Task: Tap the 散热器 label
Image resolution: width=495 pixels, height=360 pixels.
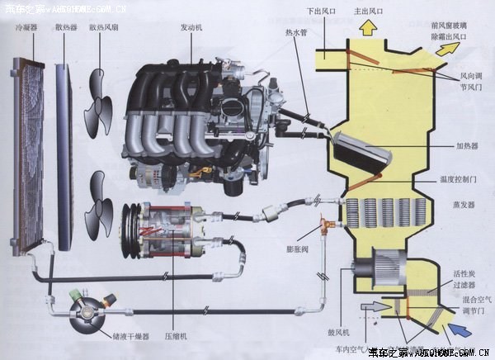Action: point(66,27)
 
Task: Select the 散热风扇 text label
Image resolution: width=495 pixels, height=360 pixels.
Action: point(103,27)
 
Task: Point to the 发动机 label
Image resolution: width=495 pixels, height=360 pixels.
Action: point(192,27)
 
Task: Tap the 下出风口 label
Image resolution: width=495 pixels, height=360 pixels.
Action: point(320,12)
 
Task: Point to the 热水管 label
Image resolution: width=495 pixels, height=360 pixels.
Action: point(295,35)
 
